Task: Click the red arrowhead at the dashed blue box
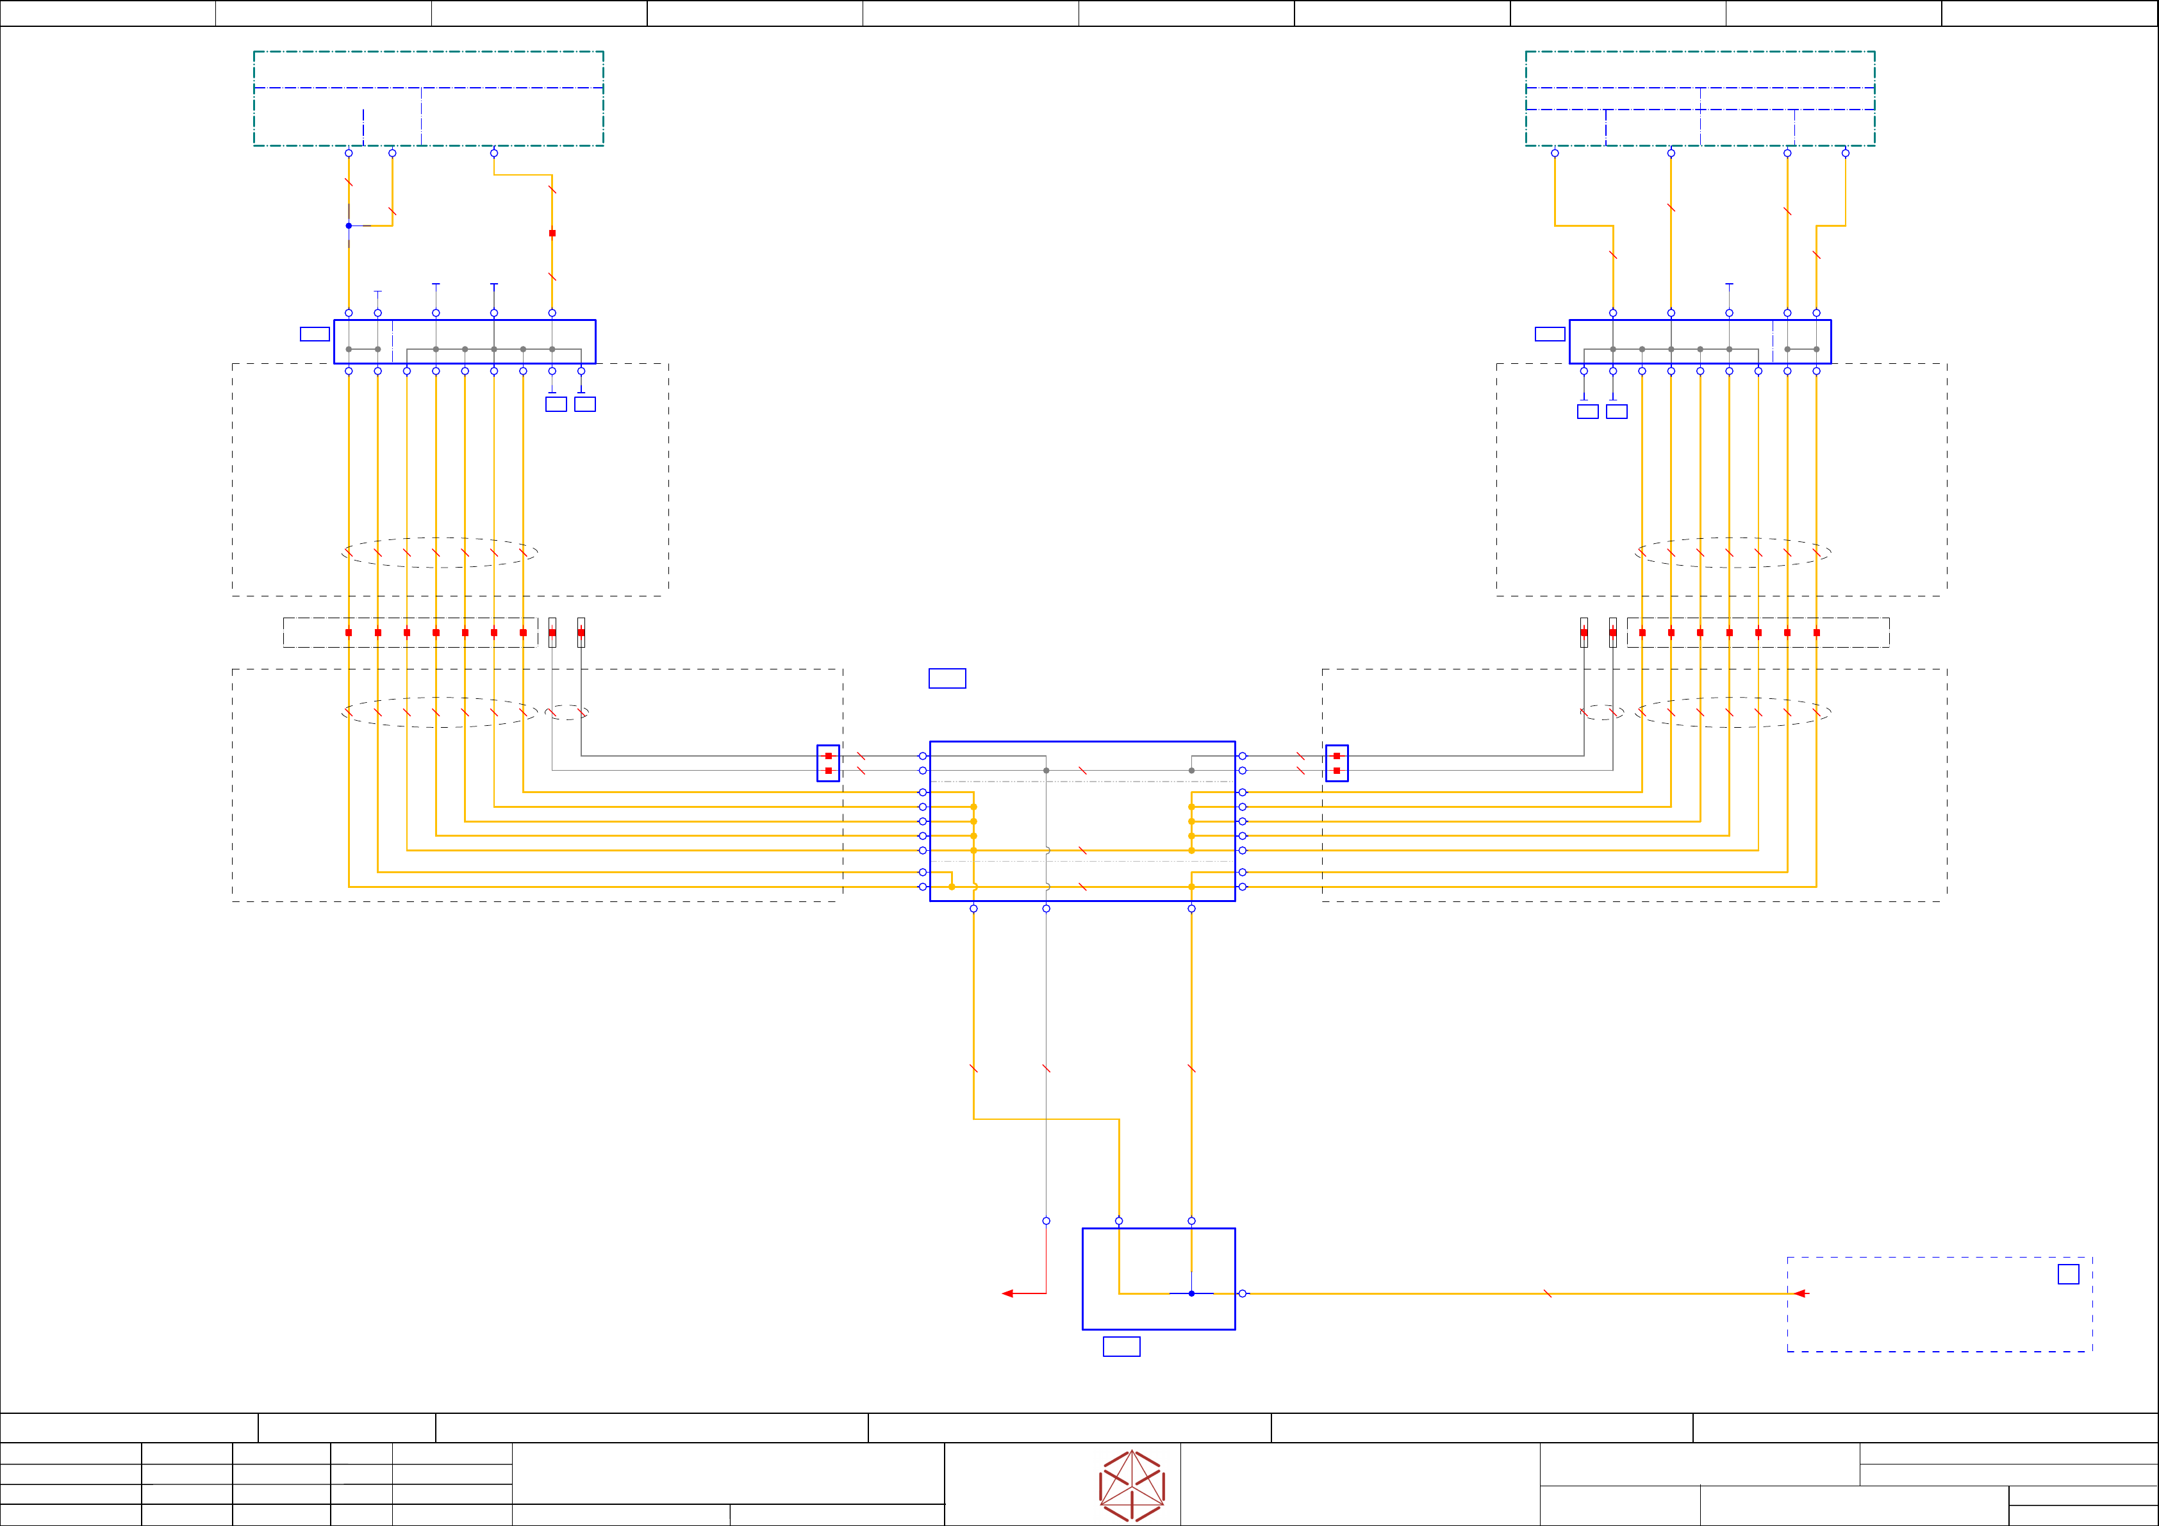point(1799,1293)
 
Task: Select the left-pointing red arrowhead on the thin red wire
point(1007,1293)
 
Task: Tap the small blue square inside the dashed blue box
point(2068,1274)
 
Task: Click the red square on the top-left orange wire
point(552,233)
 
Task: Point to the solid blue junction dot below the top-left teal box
point(349,226)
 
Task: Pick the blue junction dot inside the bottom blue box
point(1191,1293)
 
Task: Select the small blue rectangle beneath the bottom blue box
point(1121,1347)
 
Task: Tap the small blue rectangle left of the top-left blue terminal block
point(314,334)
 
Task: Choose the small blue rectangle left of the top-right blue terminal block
point(1550,334)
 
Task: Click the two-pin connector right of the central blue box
point(1336,764)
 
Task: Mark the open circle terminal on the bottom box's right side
point(1242,1293)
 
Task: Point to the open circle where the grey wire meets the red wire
point(1046,1220)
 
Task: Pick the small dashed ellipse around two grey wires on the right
point(1601,712)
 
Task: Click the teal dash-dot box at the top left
point(429,99)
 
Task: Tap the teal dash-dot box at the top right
point(1700,99)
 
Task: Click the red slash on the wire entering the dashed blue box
point(1547,1293)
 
